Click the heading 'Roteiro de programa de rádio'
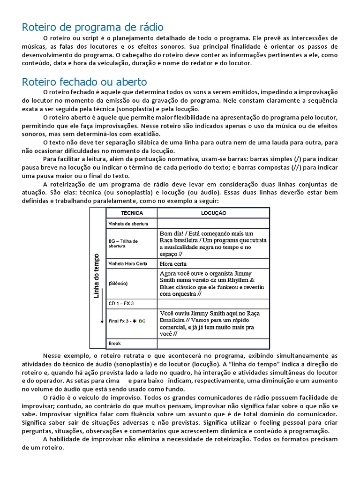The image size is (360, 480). coord(92,27)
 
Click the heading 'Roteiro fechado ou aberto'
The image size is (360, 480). coord(84,82)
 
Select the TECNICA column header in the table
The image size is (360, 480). coord(132,213)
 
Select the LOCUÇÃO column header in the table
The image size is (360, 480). coord(213,213)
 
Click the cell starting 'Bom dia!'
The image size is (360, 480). coord(213,243)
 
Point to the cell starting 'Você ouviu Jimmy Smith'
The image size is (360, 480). coord(213,323)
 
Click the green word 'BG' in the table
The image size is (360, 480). coord(142,321)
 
